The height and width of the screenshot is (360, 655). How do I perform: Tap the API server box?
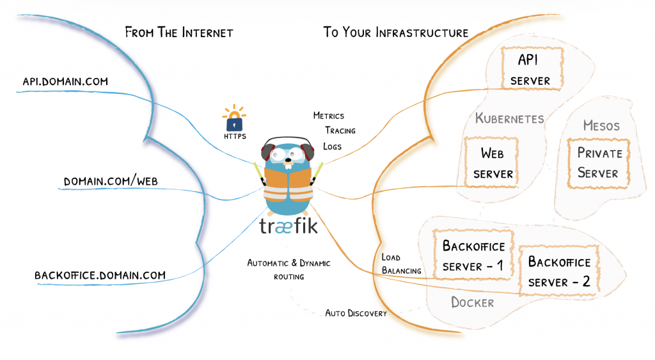coord(532,68)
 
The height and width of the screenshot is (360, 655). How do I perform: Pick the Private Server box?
coord(599,163)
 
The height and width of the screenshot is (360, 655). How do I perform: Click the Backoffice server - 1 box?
coord(473,254)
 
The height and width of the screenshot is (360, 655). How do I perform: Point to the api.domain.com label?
coord(65,81)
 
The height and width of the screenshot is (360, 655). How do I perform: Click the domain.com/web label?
coord(111,181)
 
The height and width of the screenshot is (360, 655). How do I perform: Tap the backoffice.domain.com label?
coord(100,275)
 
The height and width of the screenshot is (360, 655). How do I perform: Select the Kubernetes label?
coord(510,118)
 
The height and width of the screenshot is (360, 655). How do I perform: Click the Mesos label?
coord(601,125)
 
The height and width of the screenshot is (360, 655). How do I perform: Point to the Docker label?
coord(473,302)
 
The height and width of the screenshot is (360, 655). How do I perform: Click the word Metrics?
coord(329,116)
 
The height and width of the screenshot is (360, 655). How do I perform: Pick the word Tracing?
coord(340,130)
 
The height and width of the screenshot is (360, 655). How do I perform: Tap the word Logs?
coord(332,146)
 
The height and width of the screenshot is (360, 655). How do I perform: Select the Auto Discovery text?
coord(356,313)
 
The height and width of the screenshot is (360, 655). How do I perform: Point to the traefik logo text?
coord(288,226)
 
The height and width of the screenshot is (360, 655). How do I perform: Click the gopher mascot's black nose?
coord(288,159)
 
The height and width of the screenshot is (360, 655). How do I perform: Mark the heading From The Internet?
coord(179,32)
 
